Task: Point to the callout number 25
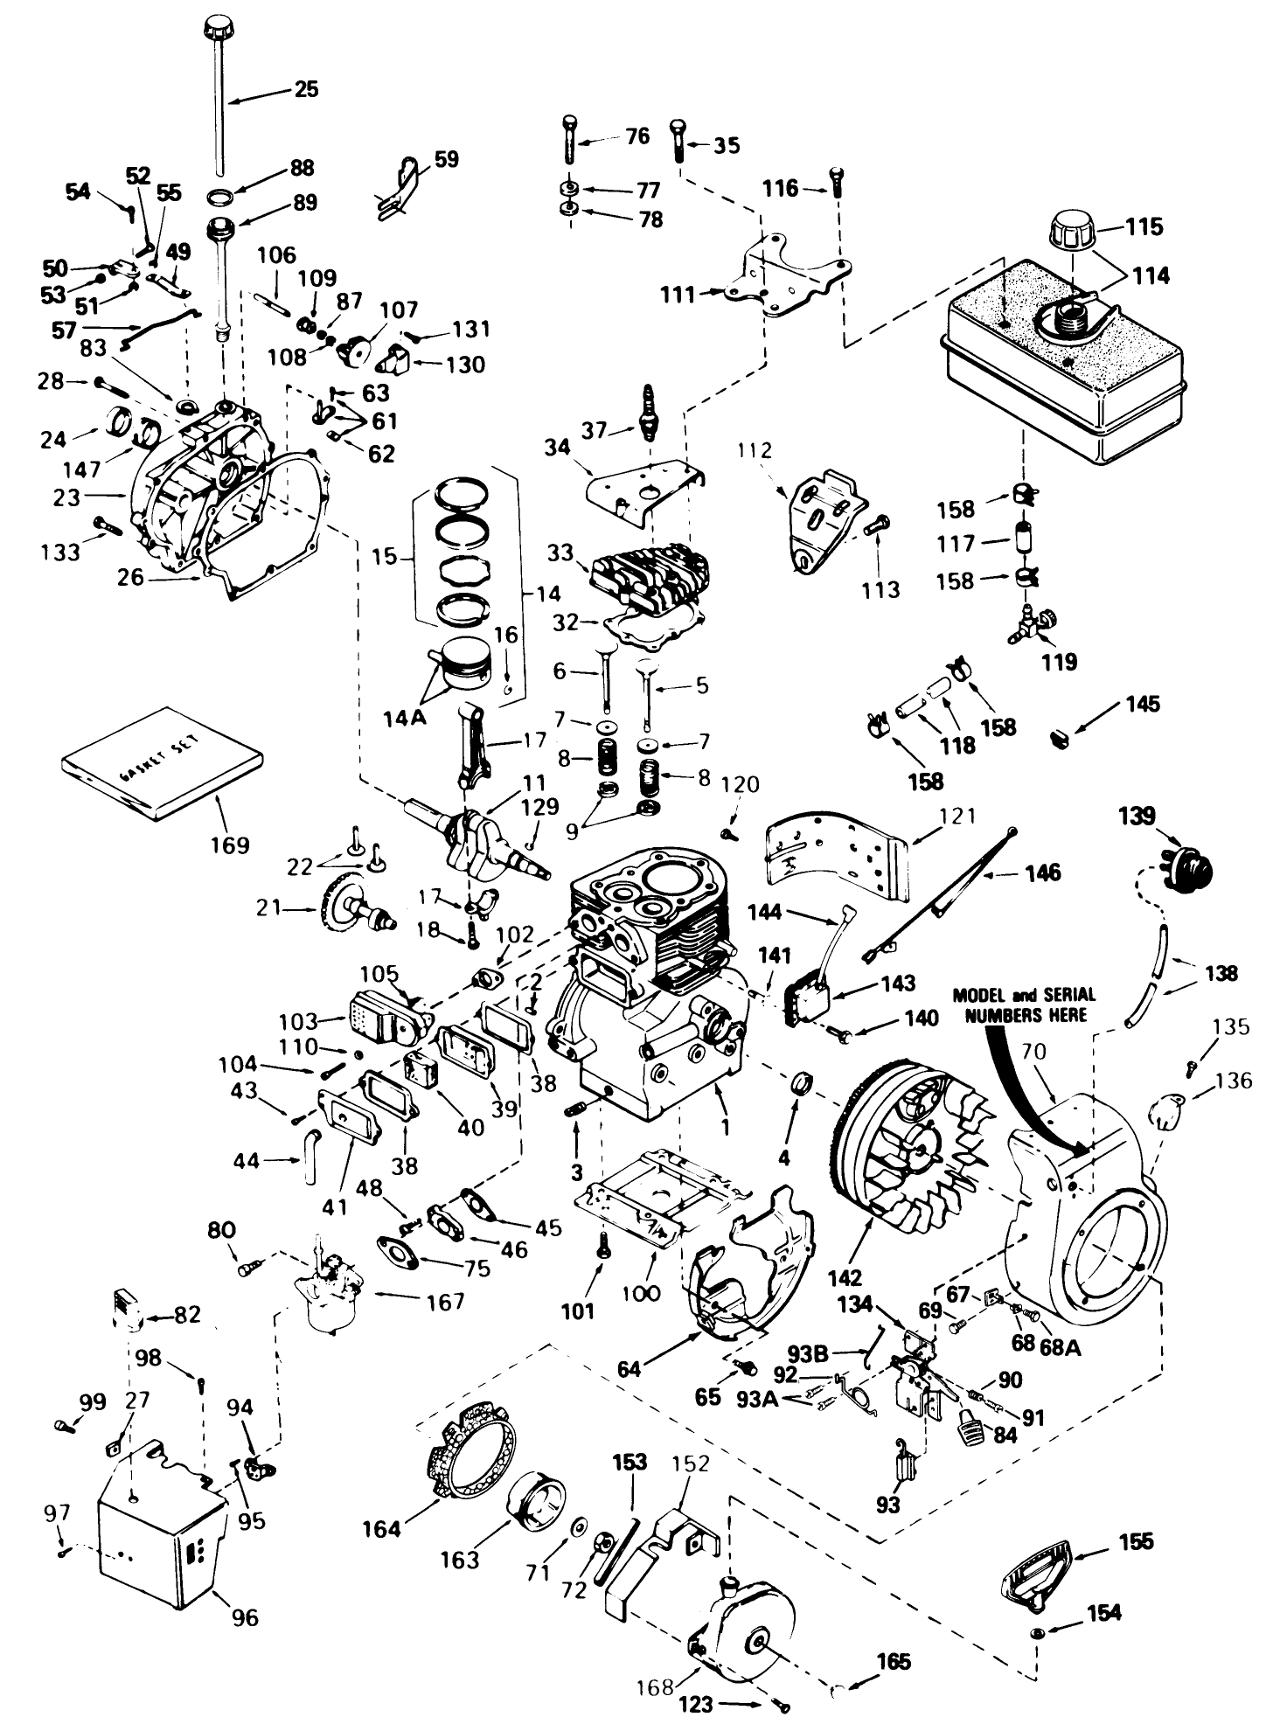point(305,89)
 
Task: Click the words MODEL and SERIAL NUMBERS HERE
point(1023,1005)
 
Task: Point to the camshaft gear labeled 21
point(350,909)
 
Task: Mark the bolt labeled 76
point(569,140)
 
